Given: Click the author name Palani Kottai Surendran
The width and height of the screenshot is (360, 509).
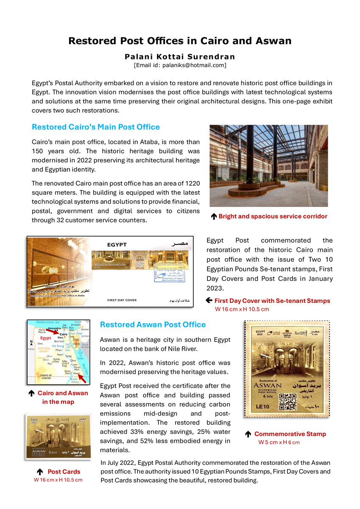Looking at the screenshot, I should tap(180, 56).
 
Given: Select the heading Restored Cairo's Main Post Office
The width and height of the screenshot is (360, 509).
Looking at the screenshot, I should tap(96, 127).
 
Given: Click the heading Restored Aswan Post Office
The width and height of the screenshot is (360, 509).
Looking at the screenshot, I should tap(153, 324).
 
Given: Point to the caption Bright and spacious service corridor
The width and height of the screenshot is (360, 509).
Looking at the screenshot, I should tap(273, 216).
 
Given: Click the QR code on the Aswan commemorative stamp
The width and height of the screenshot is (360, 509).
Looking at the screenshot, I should tap(287, 401).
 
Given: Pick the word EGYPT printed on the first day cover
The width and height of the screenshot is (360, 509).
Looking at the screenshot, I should tap(116, 245).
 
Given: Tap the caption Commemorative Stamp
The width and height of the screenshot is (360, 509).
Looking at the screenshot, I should tap(290, 434).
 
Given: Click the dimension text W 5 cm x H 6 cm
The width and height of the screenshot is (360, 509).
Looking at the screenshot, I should tap(279, 442).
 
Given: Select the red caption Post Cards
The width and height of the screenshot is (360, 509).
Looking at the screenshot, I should tap(64, 472).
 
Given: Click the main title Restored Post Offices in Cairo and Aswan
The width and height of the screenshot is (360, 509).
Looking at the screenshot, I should tap(180, 41).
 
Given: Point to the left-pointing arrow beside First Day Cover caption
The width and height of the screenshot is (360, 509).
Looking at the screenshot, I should tap(209, 300).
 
